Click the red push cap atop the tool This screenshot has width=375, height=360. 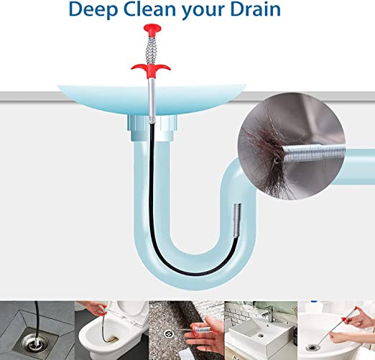click(x=152, y=28)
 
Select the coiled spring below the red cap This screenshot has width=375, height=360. click(x=152, y=48)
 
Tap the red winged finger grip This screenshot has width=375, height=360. click(x=151, y=68)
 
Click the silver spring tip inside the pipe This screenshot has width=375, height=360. click(x=237, y=219)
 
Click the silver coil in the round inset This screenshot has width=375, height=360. click(x=314, y=153)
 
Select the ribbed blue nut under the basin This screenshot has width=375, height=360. click(x=152, y=128)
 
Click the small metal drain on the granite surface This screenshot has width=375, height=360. click(x=168, y=333)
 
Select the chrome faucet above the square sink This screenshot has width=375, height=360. click(x=269, y=313)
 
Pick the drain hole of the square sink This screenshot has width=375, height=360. click(x=260, y=336)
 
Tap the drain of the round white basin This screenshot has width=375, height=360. click(x=312, y=347)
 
